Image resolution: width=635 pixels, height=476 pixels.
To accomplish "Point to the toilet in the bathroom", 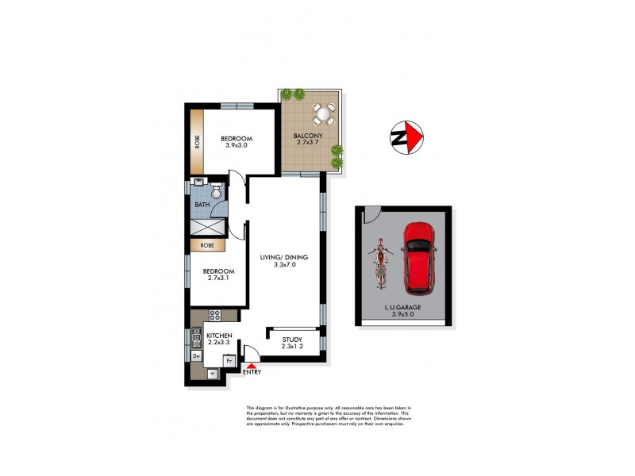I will [216, 191].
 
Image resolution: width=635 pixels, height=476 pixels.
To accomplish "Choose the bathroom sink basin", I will [199, 190].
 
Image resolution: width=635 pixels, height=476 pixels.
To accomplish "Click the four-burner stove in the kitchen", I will [214, 316].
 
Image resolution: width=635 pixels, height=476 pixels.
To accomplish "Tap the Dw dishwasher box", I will [197, 356].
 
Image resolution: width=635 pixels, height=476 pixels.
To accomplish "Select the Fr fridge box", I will [229, 359].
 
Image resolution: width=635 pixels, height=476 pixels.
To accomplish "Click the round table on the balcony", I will [324, 116].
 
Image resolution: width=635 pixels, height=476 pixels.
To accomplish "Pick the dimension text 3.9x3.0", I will [236, 145].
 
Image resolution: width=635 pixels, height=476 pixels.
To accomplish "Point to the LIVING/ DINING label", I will [283, 257].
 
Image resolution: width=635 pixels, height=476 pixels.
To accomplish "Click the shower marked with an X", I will [208, 227].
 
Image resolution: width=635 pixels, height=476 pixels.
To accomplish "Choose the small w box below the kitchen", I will [212, 372].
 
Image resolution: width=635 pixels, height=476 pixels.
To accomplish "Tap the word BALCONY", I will [308, 136].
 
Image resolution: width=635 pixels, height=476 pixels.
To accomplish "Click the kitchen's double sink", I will [196, 336].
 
